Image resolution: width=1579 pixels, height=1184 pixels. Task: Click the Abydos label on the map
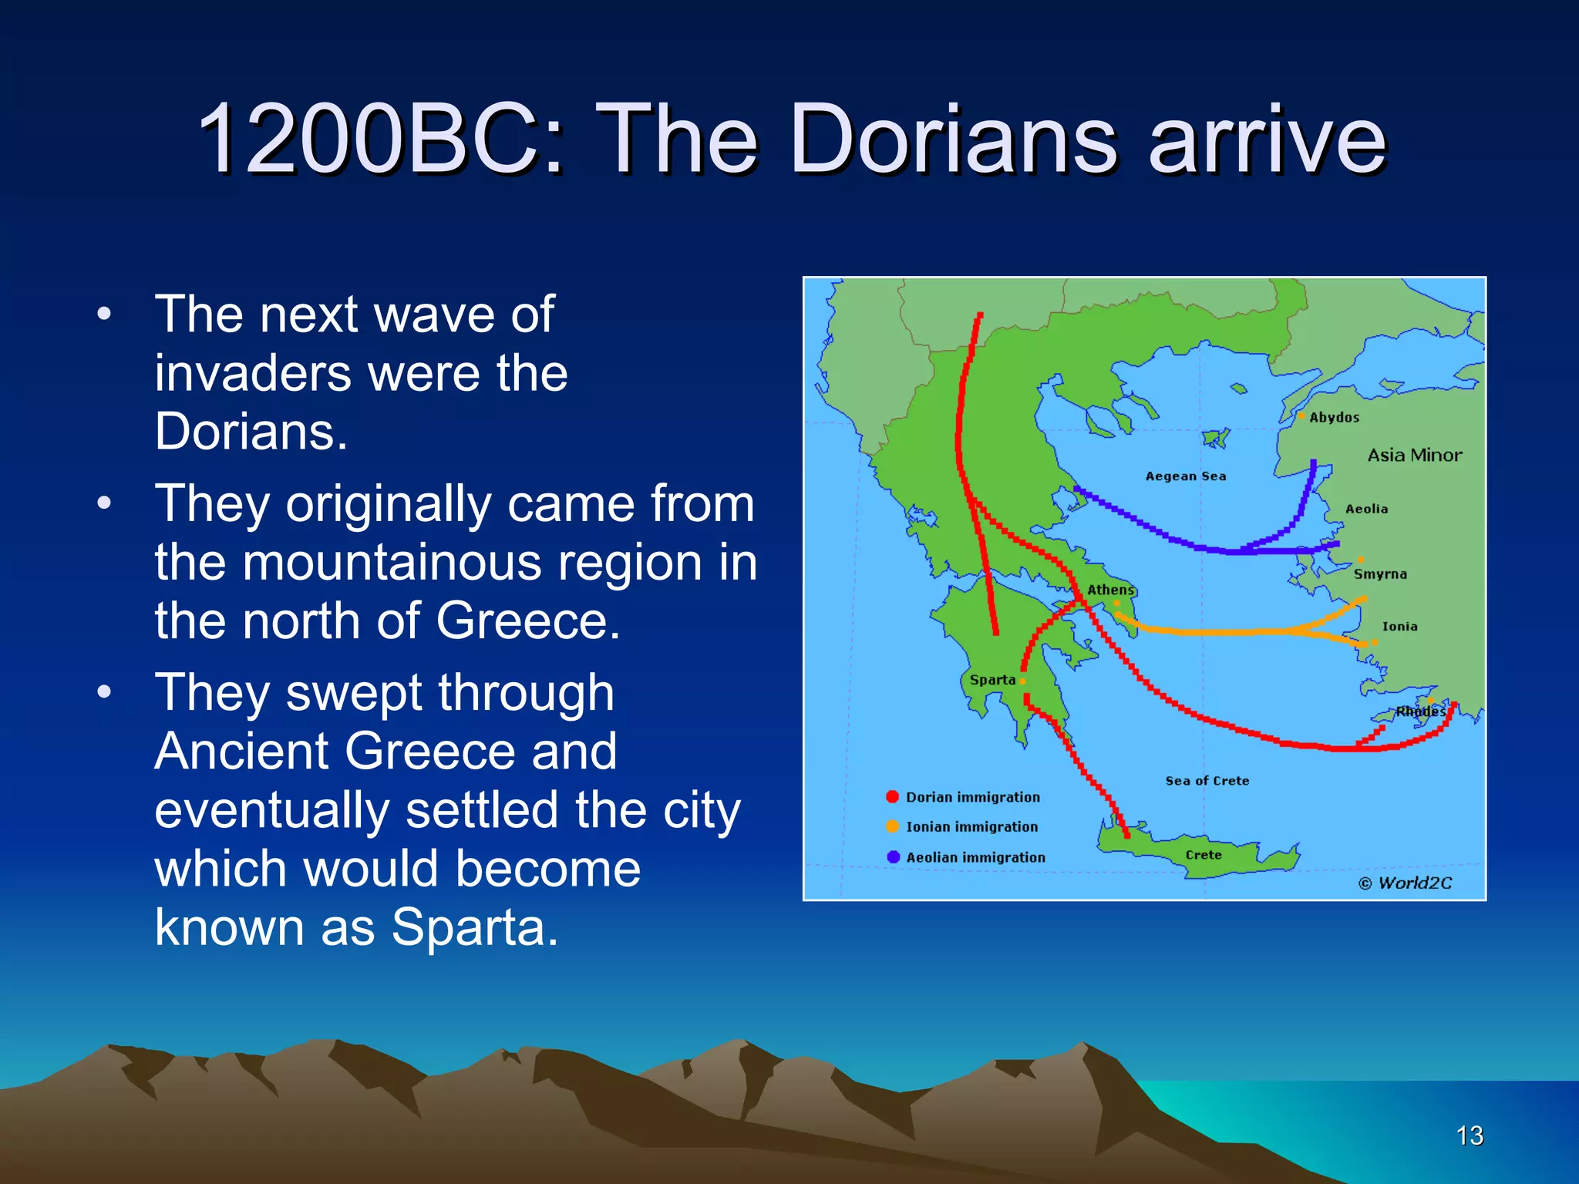pyautogui.click(x=1334, y=417)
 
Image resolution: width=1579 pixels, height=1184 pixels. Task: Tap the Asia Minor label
pyautogui.click(x=1414, y=455)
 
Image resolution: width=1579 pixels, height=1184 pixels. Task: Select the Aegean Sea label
pyautogui.click(x=1185, y=476)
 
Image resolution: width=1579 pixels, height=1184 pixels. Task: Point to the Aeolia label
pyautogui.click(x=1366, y=509)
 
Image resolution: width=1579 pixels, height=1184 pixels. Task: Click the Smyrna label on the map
pyautogui.click(x=1380, y=574)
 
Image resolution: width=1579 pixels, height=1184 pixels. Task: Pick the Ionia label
pyautogui.click(x=1399, y=627)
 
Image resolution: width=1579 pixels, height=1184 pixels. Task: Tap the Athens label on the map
pyautogui.click(x=1110, y=590)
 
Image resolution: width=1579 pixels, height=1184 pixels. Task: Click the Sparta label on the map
pyautogui.click(x=992, y=680)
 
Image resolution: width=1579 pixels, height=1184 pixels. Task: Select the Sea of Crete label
pyautogui.click(x=1207, y=781)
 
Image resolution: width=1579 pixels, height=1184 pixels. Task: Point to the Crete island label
pyautogui.click(x=1203, y=855)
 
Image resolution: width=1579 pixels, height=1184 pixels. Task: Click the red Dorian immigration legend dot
pyautogui.click(x=893, y=797)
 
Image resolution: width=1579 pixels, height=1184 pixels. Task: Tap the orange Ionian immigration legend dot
pyautogui.click(x=893, y=826)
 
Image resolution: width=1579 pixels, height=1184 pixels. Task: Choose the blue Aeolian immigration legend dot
pyautogui.click(x=893, y=856)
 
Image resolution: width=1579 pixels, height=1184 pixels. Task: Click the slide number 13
pyautogui.click(x=1470, y=1135)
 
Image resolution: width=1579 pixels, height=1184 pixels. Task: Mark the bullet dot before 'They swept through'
pyautogui.click(x=104, y=691)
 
